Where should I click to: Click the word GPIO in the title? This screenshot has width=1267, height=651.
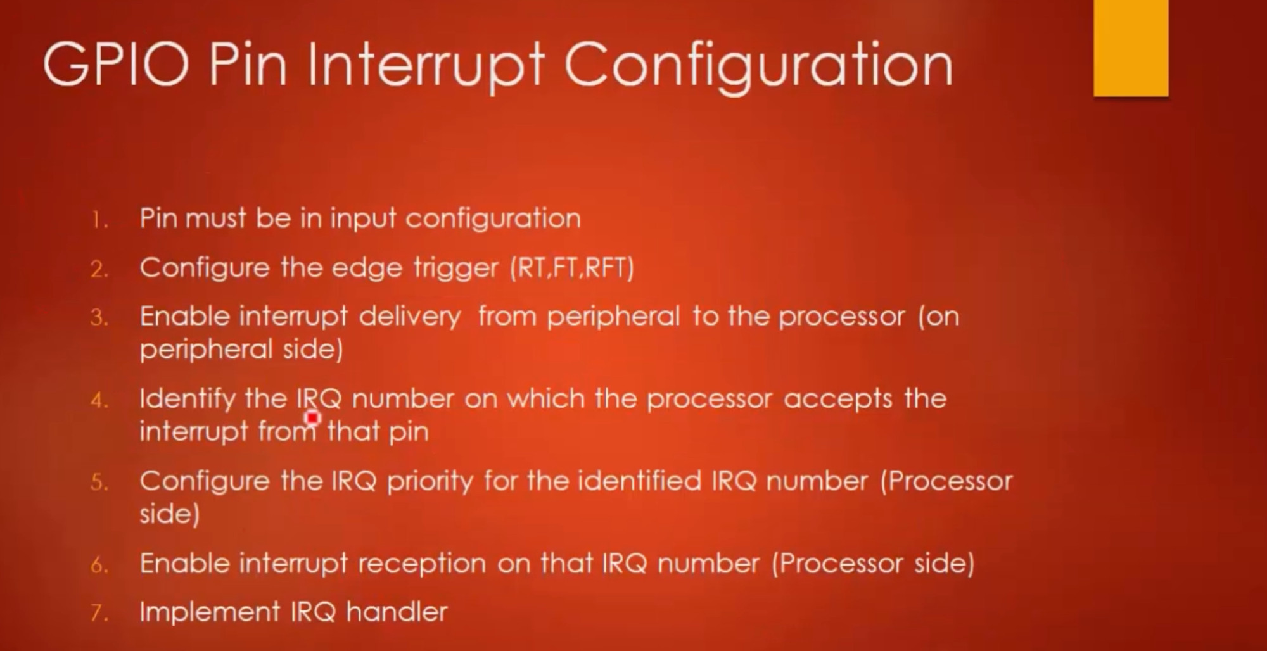116,65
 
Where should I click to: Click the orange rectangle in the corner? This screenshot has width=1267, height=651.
1131,48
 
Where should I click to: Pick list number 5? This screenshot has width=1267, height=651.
99,483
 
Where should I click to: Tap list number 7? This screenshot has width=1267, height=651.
99,613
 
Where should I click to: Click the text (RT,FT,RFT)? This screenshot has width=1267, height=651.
572,268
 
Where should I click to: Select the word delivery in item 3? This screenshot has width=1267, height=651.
410,317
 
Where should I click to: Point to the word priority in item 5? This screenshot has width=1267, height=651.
430,482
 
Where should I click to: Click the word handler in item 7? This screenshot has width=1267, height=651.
397,612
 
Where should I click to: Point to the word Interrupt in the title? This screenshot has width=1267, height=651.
426,66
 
